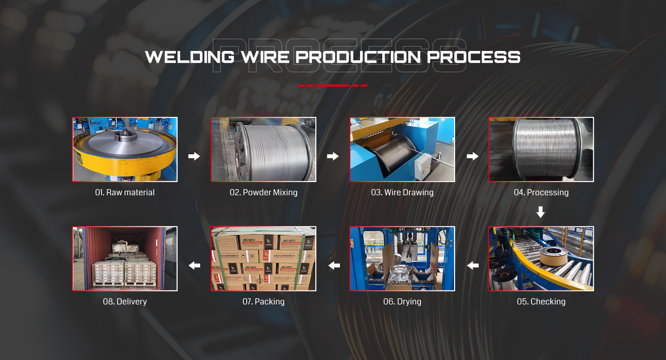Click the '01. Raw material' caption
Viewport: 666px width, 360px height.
(x=125, y=192)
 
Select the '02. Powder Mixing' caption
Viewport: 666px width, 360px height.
(x=264, y=192)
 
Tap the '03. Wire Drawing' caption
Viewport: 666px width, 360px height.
(x=402, y=192)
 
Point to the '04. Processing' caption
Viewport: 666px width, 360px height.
(x=541, y=192)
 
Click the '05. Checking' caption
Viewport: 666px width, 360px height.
(x=541, y=302)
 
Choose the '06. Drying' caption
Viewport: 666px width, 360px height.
(x=402, y=302)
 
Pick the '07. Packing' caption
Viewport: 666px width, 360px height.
(x=264, y=302)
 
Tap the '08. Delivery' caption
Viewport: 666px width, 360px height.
(x=125, y=302)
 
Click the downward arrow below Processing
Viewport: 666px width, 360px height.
(x=540, y=212)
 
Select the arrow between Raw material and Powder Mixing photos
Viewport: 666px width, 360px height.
(x=194, y=156)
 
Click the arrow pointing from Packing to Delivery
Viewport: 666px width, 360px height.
(x=194, y=266)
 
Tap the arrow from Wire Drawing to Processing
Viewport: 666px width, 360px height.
(x=472, y=156)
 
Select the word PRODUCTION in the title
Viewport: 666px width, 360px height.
(x=358, y=57)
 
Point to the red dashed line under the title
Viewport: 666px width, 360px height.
(x=333, y=85)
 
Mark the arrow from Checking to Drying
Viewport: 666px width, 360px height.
(x=472, y=266)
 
